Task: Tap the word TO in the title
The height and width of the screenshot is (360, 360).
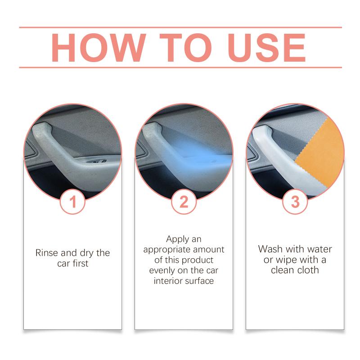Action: pyautogui.click(x=185, y=48)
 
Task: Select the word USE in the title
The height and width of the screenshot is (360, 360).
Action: pyautogui.click(x=266, y=48)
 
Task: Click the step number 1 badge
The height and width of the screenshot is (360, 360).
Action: pyautogui.click(x=72, y=202)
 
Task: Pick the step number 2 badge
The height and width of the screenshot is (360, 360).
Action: pyautogui.click(x=184, y=202)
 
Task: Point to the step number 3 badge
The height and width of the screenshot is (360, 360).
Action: pyautogui.click(x=295, y=202)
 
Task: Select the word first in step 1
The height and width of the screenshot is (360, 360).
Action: pyautogui.click(x=80, y=263)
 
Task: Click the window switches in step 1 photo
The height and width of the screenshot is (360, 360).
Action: pyautogui.click(x=97, y=161)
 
